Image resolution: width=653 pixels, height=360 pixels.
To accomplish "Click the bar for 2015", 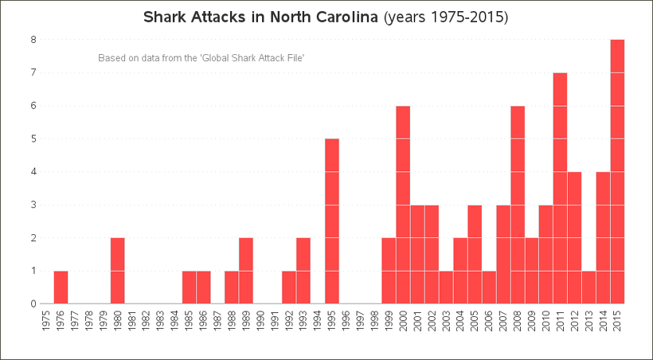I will pos(617,171).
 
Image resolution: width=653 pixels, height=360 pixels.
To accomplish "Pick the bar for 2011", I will pos(560,188).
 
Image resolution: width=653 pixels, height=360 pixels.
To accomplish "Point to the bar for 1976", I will pos(61,287).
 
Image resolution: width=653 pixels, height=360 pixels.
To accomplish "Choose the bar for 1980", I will pos(117,271).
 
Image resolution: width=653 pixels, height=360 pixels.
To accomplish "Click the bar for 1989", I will pos(246,271).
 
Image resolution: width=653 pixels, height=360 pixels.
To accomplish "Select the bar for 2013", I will pos(588,287).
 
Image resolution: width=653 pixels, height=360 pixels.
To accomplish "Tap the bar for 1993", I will pos(303,271).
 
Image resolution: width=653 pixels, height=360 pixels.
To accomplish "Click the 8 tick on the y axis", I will pos(33,39).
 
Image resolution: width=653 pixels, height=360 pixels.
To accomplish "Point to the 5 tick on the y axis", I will pos(33,139).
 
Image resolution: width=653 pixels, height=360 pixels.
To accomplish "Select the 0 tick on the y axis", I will pos(33,303).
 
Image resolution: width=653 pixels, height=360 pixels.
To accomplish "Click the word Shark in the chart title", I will pos(164,17).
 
